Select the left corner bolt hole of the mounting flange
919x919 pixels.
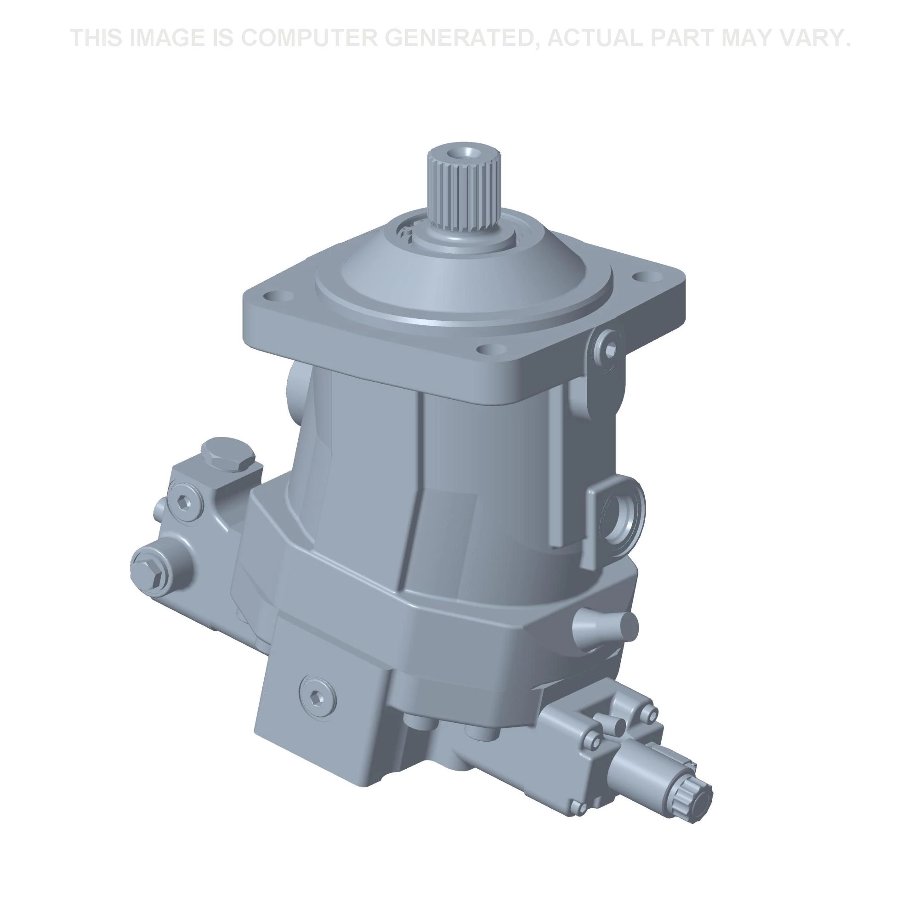(276, 296)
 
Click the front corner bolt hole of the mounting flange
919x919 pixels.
(492, 350)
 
